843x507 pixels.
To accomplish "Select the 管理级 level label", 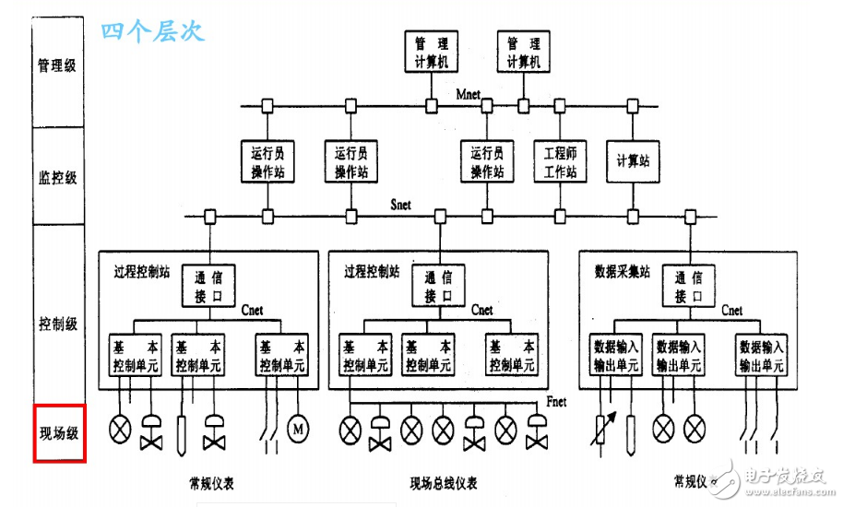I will [57, 65].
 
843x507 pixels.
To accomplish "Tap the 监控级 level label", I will [57, 177].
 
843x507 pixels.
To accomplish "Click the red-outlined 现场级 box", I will [59, 432].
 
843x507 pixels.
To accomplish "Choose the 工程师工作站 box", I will [561, 162].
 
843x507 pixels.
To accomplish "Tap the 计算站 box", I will [633, 161].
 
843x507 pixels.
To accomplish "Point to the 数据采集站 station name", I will [618, 273].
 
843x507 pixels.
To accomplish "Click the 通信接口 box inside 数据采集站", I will [689, 286].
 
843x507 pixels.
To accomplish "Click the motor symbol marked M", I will [298, 429].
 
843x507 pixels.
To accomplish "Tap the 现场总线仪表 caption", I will [444, 483].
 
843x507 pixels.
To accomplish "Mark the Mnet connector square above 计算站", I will [633, 106].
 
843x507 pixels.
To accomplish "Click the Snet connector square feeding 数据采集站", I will [689, 218].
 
